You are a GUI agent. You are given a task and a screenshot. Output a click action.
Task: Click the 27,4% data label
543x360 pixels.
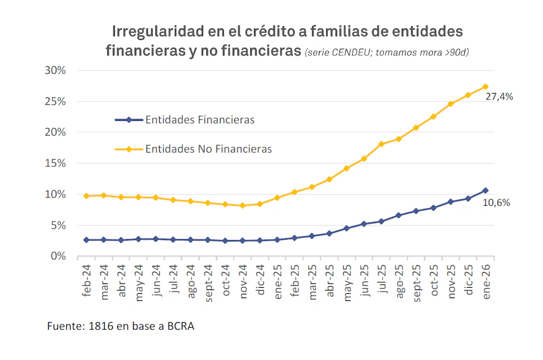pos(499,97)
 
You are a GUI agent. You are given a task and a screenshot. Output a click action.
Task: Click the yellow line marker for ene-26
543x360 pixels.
pos(486,86)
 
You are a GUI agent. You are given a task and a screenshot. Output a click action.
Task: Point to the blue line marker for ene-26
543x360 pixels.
pos(486,190)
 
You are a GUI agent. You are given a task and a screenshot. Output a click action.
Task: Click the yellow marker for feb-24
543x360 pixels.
pos(86,195)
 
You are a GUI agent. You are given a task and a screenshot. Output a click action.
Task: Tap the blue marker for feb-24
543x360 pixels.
pos(86,240)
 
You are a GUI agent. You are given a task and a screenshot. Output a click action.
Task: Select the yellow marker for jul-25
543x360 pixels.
pos(382,144)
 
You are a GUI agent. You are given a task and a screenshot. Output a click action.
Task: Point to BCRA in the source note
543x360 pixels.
pos(181,327)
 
